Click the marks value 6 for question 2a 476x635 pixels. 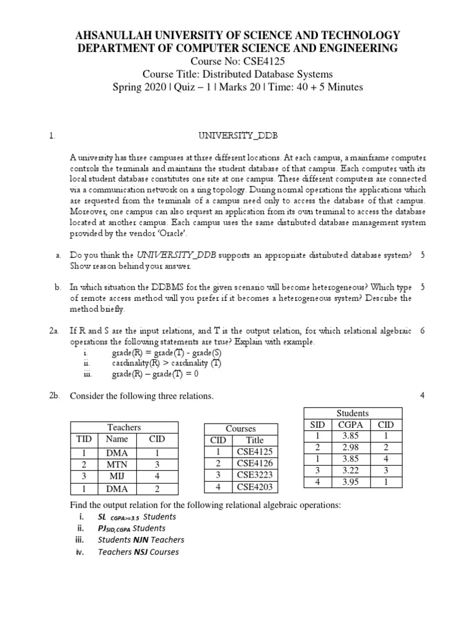[422, 331]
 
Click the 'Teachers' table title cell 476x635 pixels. [124, 427]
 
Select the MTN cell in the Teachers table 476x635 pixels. [117, 464]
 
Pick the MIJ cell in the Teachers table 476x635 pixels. [117, 476]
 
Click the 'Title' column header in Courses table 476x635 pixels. [255, 440]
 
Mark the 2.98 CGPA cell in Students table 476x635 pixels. [351, 448]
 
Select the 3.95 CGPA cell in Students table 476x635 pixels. [351, 482]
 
